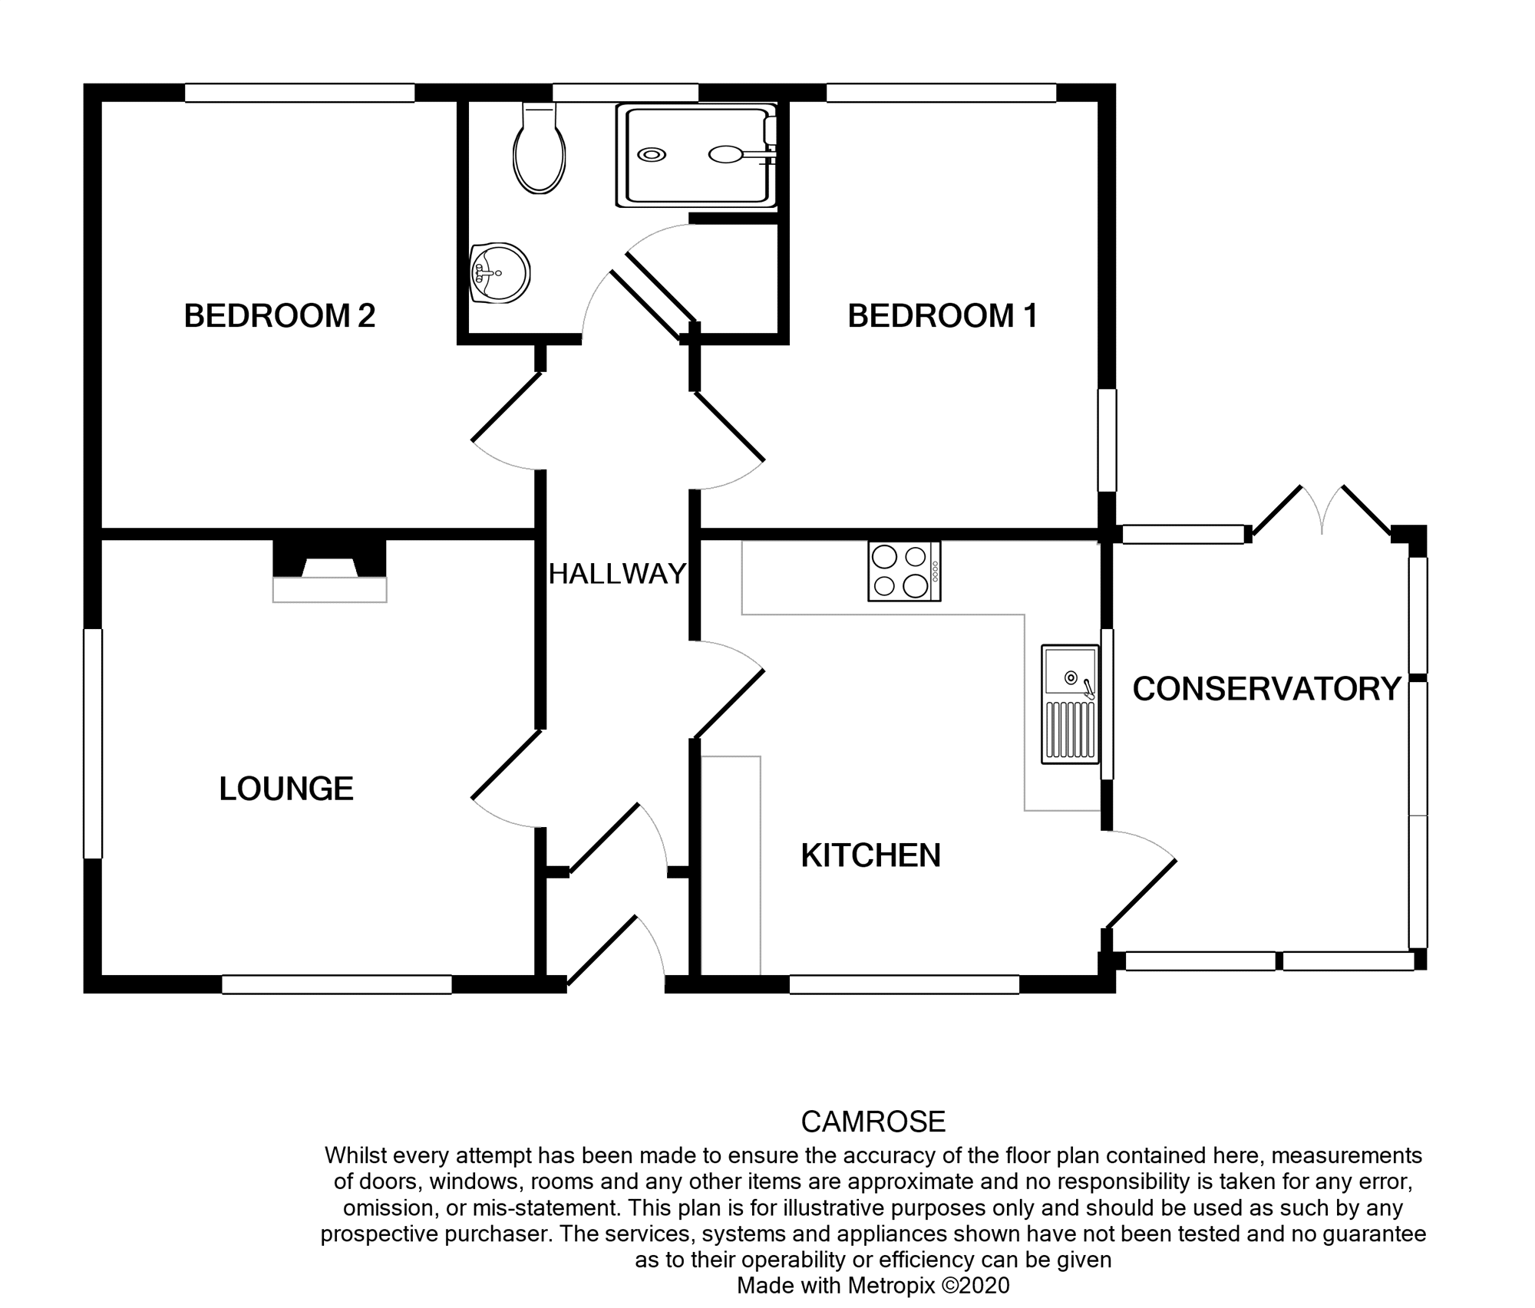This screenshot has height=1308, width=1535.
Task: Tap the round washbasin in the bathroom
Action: coord(500,273)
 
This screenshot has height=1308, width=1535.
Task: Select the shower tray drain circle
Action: coord(652,155)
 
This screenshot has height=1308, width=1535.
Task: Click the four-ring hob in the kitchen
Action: coord(904,572)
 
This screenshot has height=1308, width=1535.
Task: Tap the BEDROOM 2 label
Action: coord(279,316)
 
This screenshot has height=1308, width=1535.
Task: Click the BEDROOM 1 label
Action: coord(942,316)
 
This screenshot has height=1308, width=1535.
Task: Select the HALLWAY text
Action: coord(617,574)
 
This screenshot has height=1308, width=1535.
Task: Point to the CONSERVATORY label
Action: coord(1266,689)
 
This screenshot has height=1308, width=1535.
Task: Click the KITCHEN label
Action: coord(870,855)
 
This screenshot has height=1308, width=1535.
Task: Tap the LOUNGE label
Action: coord(286,789)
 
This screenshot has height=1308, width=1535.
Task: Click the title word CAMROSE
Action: coord(873,1122)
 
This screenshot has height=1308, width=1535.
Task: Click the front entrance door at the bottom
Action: coord(614,955)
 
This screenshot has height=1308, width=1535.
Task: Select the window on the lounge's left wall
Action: coord(93,743)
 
